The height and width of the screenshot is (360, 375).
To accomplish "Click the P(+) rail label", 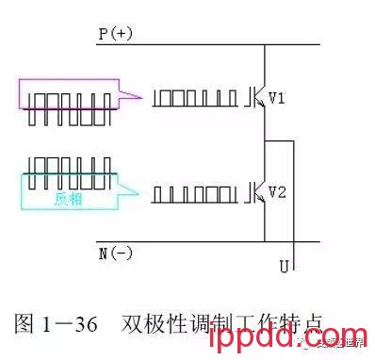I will [x=116, y=34].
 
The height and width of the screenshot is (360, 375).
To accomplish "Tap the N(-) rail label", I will [x=115, y=254].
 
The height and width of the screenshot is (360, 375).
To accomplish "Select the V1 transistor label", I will [x=278, y=97].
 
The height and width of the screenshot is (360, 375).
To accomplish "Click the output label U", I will [x=284, y=268].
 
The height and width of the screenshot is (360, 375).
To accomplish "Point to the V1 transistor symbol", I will [x=257, y=98].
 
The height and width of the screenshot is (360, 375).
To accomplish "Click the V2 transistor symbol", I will [x=257, y=192].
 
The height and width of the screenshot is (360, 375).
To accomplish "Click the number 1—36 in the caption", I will [x=72, y=323].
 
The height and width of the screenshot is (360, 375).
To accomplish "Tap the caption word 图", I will [x=25, y=323].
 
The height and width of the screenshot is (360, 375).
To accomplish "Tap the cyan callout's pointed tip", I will [x=139, y=192].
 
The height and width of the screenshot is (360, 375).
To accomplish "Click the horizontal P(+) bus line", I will [x=207, y=44].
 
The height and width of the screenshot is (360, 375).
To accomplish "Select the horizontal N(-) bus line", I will [x=207, y=241].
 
